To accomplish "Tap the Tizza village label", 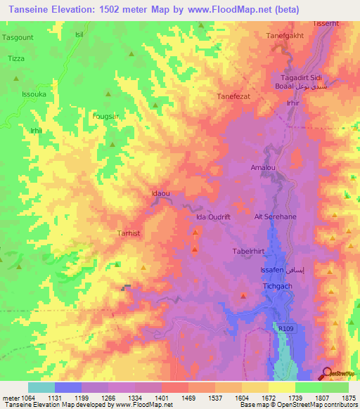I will click(x=15, y=58).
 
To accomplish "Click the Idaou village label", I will click(x=161, y=192).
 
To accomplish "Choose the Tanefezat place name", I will click(x=234, y=97).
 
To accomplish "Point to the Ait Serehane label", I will click(x=275, y=217).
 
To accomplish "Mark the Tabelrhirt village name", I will click(x=247, y=249).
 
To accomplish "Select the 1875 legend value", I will click(x=349, y=397).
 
